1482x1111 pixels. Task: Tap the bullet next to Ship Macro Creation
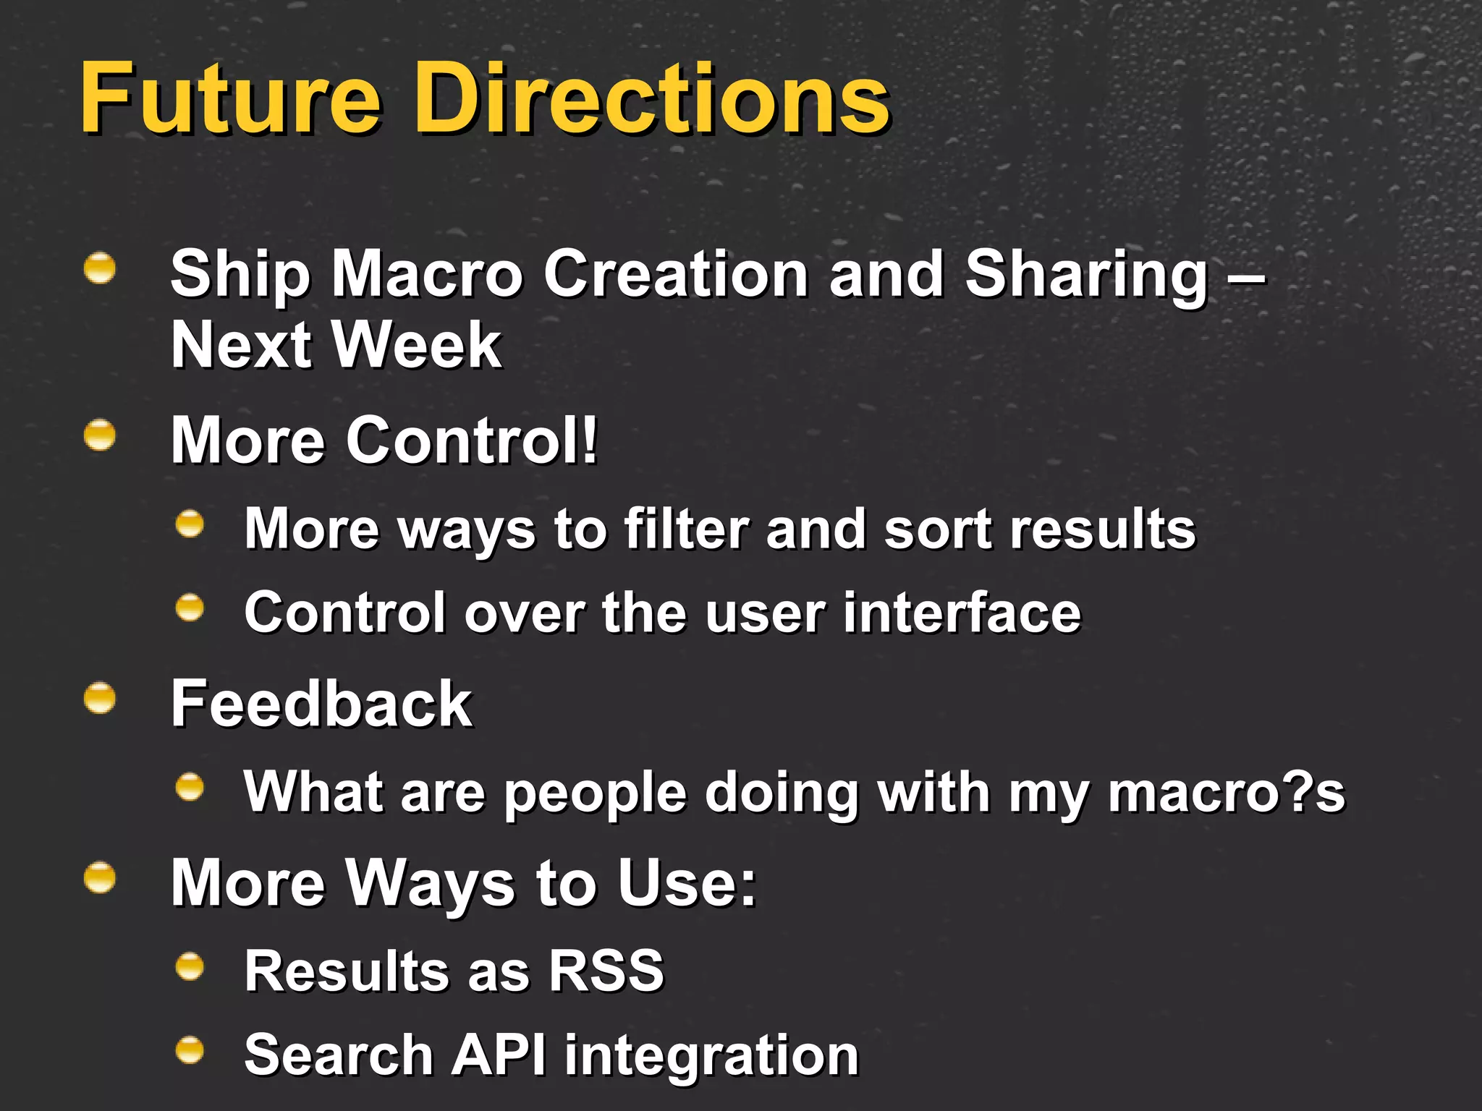[x=100, y=268]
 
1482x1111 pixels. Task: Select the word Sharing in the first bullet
[x=1085, y=275]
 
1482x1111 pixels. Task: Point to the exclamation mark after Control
[x=590, y=439]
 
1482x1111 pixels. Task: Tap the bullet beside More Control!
[x=100, y=436]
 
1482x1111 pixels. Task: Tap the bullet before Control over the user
[x=190, y=608]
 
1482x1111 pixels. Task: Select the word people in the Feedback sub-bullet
[x=595, y=793]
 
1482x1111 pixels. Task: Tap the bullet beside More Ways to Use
[x=100, y=879]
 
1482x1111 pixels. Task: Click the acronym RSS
[x=606, y=970]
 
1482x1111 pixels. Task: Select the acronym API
[x=499, y=1054]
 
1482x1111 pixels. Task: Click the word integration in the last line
[x=711, y=1056]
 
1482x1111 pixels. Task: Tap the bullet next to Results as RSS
[x=190, y=966]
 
